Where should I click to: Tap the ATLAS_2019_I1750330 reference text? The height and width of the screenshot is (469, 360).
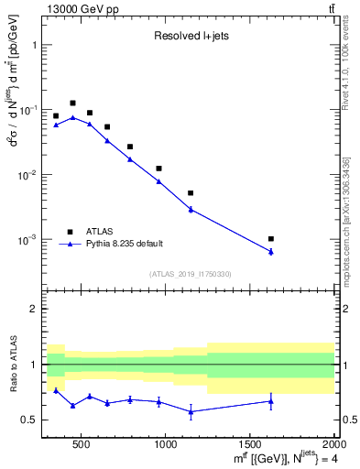pyautogui.click(x=190, y=274)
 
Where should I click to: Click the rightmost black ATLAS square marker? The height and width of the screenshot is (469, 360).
pyautogui.click(x=271, y=238)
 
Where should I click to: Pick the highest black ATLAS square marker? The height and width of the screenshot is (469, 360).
pyautogui.click(x=72, y=104)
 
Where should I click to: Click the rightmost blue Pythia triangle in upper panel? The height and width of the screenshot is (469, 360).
pyautogui.click(x=271, y=251)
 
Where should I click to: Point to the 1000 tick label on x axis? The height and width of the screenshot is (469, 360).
pyautogui.click(x=166, y=444)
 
